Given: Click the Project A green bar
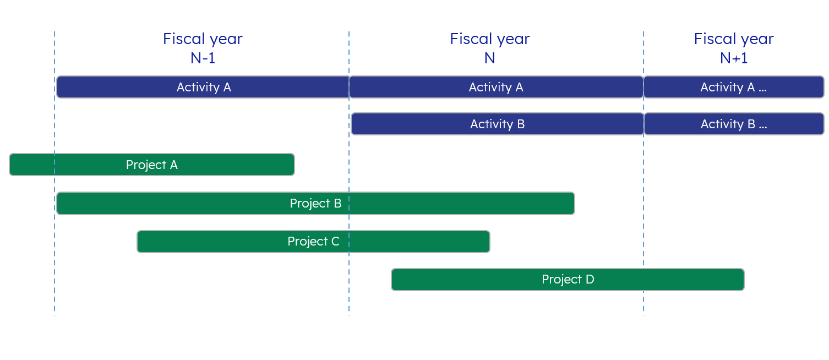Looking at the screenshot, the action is click(152, 165).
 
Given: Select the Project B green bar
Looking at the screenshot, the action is click(315, 203).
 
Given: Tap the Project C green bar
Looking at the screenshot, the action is click(313, 242).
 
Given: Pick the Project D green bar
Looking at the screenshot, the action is click(568, 280).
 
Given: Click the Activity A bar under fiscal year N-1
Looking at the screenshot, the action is click(203, 88).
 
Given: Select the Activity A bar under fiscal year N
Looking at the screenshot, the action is click(496, 88).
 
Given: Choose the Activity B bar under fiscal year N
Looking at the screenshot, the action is click(498, 124).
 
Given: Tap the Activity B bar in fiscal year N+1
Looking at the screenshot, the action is click(734, 124).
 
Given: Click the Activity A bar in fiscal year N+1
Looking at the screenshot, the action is click(734, 88).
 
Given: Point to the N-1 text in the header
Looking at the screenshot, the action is click(203, 58).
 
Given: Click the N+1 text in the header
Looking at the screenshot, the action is click(734, 58).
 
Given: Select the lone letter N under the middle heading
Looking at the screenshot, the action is click(489, 58).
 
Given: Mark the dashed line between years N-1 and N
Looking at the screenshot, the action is click(349, 173).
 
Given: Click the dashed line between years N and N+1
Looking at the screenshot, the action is click(643, 173).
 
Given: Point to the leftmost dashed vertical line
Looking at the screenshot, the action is click(54, 173).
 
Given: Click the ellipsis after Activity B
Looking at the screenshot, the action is click(763, 127).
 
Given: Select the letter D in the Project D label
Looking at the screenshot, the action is click(590, 279).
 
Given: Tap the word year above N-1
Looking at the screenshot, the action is click(226, 40).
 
